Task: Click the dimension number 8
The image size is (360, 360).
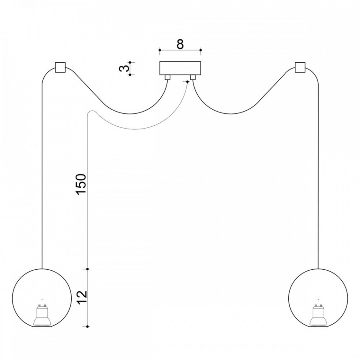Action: click(x=180, y=44)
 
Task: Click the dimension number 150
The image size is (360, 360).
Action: click(x=81, y=184)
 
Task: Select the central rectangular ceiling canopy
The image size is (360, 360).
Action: click(x=180, y=68)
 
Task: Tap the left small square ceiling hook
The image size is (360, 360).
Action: click(x=60, y=67)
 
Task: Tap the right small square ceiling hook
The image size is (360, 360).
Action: click(x=300, y=67)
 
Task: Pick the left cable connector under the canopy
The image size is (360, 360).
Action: click(x=168, y=77)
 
